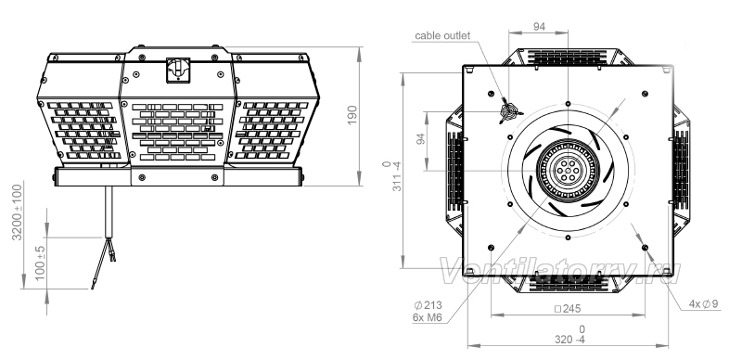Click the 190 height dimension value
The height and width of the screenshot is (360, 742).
(x=353, y=115)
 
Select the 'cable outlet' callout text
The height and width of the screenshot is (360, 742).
(x=442, y=35)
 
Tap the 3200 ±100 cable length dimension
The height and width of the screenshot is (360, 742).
(x=18, y=212)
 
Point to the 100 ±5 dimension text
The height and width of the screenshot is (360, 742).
(x=40, y=263)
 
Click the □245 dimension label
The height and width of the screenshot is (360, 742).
(x=568, y=309)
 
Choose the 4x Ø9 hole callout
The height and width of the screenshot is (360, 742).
(x=704, y=304)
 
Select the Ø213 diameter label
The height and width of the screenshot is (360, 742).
(x=428, y=305)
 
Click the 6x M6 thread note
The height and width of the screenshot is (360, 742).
(x=428, y=317)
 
